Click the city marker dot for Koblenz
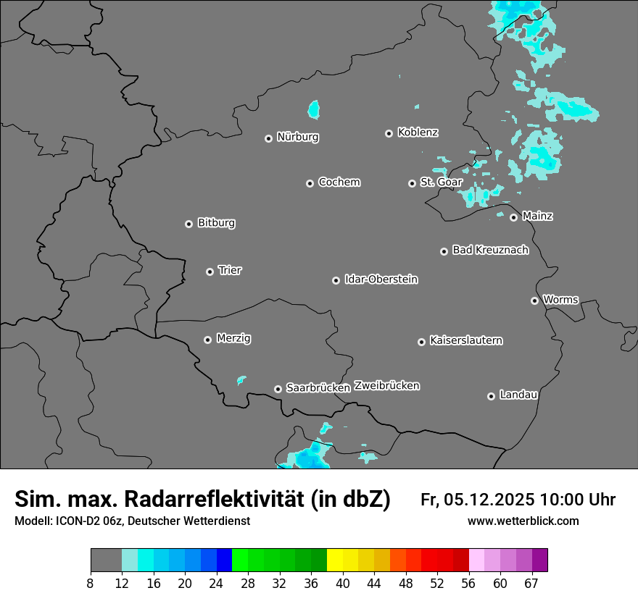(x=389, y=133)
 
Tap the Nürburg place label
(x=297, y=137)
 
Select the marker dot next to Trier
(x=210, y=272)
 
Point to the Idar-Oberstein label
(x=381, y=280)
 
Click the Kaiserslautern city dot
(x=421, y=342)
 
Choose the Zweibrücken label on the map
(x=386, y=386)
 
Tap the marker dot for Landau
(x=491, y=396)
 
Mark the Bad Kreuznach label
(x=490, y=250)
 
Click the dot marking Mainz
(x=513, y=217)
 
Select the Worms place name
(x=560, y=300)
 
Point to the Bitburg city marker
(x=188, y=224)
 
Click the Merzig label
(x=233, y=338)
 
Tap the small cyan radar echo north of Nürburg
(x=314, y=109)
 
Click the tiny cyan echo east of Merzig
(x=241, y=379)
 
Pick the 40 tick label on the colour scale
(x=342, y=584)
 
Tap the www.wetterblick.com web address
(x=523, y=521)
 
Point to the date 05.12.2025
(x=486, y=500)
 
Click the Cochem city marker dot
(x=310, y=183)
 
